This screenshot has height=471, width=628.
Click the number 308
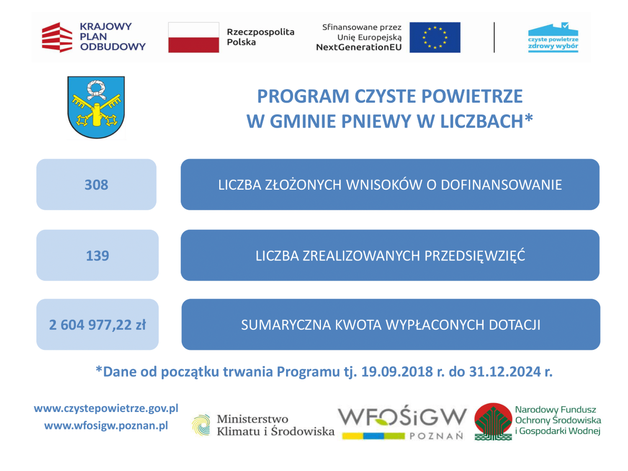pos(96,185)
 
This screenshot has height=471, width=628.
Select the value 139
pos(97,256)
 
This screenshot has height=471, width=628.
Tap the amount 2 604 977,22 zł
pos(97,325)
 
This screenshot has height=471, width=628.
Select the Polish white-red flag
pos(193,37)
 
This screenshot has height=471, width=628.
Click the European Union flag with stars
pos(435,37)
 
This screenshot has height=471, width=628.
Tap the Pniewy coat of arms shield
pos(96,107)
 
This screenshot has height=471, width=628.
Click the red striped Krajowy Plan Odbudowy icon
pos(57,37)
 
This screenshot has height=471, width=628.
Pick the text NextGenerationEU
pos(359,47)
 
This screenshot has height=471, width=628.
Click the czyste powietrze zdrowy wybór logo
pos(553,37)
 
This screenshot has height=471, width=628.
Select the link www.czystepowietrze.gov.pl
pos(106,408)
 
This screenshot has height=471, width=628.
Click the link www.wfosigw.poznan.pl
pos(106,426)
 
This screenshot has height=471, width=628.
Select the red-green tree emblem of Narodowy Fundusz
pos(493,421)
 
